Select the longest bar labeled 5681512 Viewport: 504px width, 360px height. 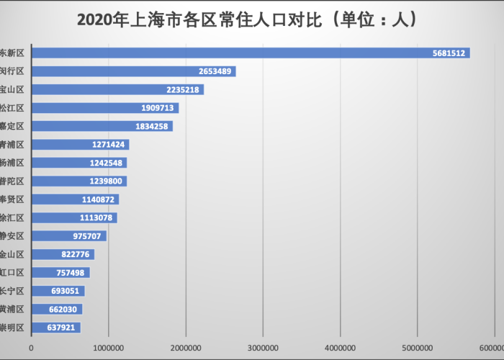[x=250, y=53]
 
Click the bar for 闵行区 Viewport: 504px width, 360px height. [x=133, y=71]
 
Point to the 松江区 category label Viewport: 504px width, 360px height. [x=12, y=108]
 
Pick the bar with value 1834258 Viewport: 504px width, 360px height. [x=102, y=126]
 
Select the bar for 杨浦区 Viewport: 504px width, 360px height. [x=78, y=163]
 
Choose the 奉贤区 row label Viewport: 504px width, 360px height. [x=12, y=199]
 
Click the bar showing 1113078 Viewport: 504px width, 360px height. [x=73, y=217]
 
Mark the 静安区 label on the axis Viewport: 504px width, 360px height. [x=12, y=236]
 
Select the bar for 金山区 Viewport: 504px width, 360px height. [x=63, y=254]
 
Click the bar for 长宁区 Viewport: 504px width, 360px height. [x=58, y=291]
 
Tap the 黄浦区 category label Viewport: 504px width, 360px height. [x=12, y=310]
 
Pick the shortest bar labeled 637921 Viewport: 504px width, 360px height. [x=55, y=328]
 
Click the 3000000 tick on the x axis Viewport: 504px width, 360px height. [x=263, y=348]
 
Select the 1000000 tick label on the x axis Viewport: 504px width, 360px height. [x=109, y=348]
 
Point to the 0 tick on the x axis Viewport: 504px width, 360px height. [x=31, y=348]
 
